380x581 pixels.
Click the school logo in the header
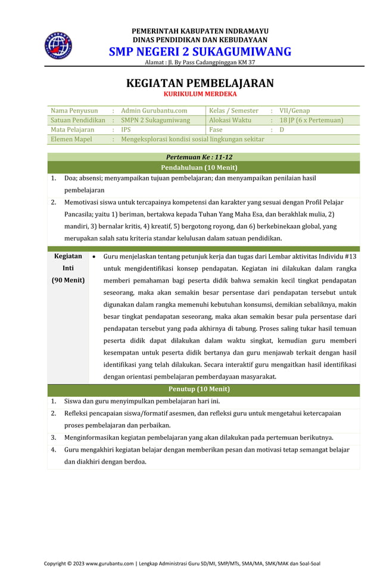click(x=58, y=45)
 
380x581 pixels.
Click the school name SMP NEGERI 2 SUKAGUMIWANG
click(x=200, y=51)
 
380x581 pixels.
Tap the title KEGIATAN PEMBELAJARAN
click(x=200, y=83)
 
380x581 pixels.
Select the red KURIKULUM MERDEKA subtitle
click(x=200, y=94)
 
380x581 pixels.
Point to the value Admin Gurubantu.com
click(x=154, y=110)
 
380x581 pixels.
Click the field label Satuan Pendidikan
click(x=78, y=120)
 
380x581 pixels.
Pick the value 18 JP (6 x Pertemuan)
click(x=312, y=120)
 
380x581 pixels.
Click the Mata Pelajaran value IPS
click(x=126, y=129)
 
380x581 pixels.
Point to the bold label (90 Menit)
click(x=68, y=279)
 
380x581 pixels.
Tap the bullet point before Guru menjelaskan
click(x=94, y=257)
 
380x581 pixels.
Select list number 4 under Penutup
click(x=54, y=449)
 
